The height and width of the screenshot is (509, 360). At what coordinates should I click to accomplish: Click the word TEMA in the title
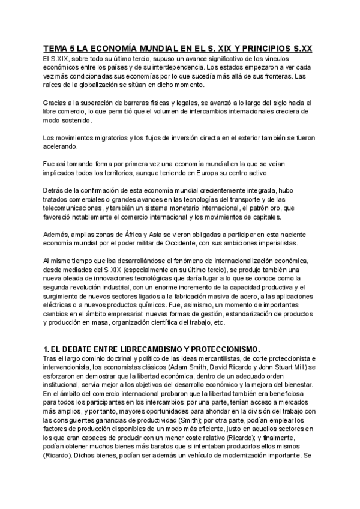(55, 48)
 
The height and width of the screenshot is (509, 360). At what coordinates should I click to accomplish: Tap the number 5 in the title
(74, 48)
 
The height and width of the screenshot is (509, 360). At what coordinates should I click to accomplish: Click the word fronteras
(291, 77)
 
